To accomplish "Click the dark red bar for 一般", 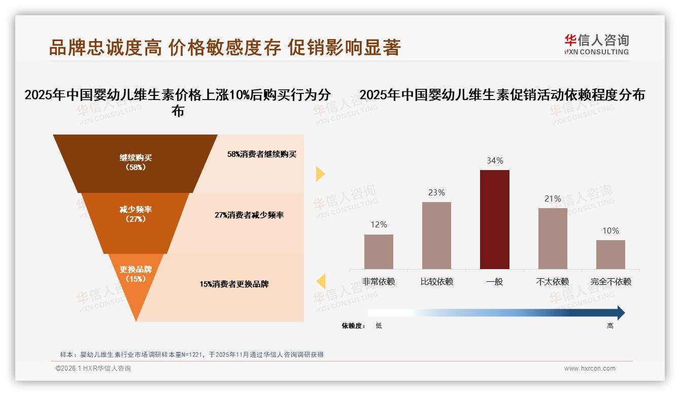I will tap(494, 219).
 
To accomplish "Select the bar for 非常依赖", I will tap(379, 251).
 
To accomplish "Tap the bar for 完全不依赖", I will tap(610, 254).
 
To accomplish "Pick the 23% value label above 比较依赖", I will tap(436, 192).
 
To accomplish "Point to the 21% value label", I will tap(553, 199).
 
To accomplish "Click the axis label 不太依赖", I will tap(553, 281).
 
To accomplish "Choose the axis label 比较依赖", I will tap(436, 281).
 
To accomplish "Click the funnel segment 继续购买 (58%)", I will tap(135, 162).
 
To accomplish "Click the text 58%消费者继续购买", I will tap(262, 154).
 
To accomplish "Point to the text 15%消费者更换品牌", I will tap(234, 284).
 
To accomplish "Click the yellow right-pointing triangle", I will tap(320, 174).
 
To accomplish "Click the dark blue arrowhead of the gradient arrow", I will tap(620, 313).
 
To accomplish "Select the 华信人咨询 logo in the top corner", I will tap(596, 44).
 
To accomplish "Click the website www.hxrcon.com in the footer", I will tap(590, 369).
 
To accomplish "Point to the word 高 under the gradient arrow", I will tap(610, 326).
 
